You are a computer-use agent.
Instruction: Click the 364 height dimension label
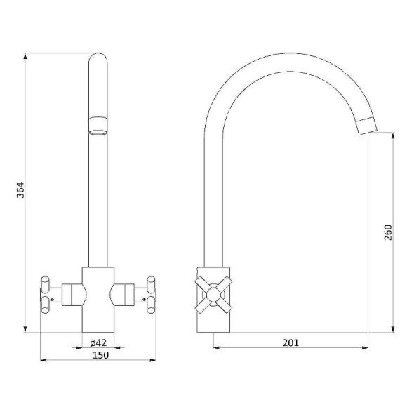[x=20, y=190]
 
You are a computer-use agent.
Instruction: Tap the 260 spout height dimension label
[x=388, y=232]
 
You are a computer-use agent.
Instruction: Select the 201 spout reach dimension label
[x=291, y=342]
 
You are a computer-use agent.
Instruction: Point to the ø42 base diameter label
[x=98, y=342]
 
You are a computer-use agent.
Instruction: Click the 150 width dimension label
[x=101, y=355]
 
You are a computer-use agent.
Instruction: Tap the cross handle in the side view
[x=213, y=295]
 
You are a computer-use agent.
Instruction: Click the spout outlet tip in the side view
[x=367, y=126]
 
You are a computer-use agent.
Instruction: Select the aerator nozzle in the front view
[x=98, y=126]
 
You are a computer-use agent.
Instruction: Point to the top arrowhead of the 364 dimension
[x=25, y=56]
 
